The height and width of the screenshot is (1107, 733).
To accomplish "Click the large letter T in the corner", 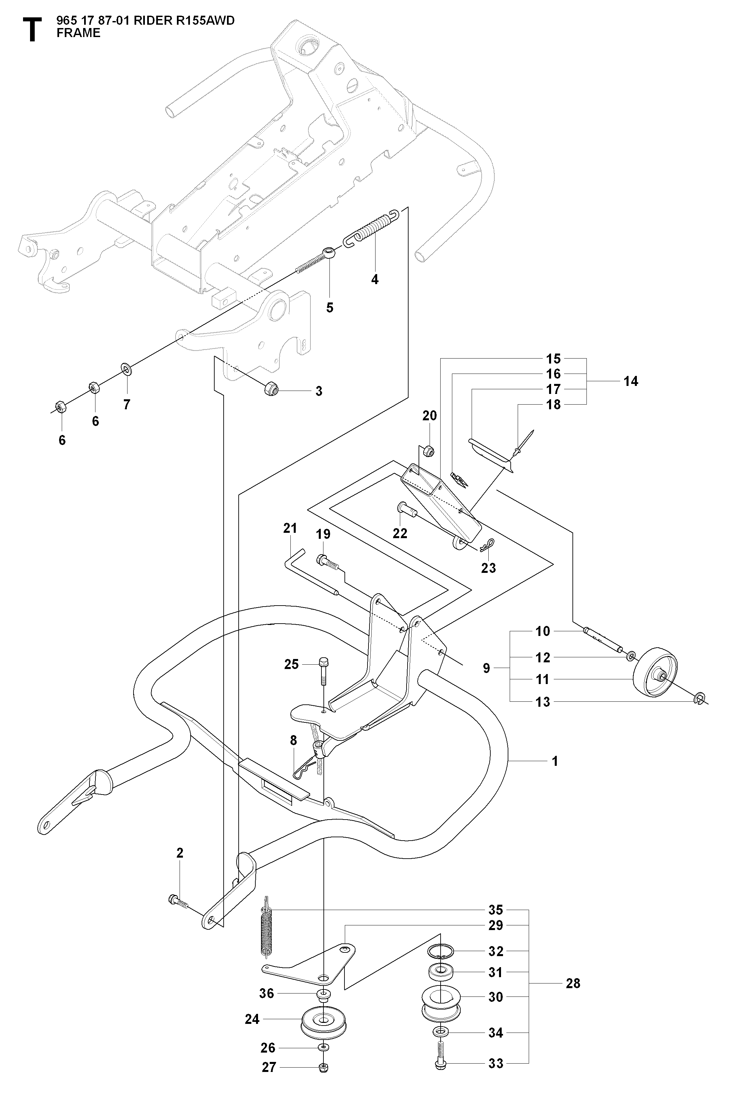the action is [x=31, y=30].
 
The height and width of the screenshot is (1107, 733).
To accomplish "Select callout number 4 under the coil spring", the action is [x=375, y=279].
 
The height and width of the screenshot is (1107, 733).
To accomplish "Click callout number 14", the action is [x=631, y=382].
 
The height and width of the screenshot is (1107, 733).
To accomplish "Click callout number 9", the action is [x=487, y=668].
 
